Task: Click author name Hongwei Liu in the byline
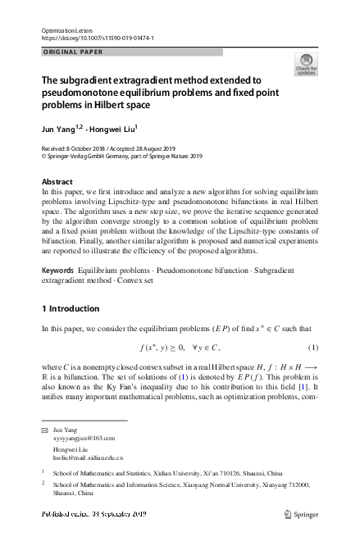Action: click(x=115, y=129)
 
